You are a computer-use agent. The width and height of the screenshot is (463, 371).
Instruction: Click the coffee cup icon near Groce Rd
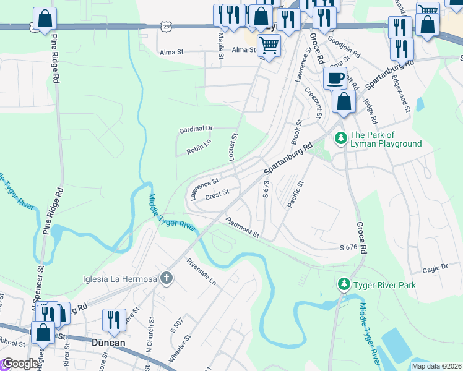tap(335, 79)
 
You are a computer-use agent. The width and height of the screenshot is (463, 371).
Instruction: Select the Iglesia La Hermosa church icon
tap(165, 278)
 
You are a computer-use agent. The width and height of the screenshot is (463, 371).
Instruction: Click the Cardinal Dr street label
tap(196, 129)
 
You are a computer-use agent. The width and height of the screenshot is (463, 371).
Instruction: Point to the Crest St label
tap(217, 194)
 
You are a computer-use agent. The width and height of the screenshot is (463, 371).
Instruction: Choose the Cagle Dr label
tap(435, 268)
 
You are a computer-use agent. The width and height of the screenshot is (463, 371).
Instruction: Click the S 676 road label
tap(348, 247)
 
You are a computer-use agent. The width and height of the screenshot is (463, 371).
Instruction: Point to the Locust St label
tap(234, 147)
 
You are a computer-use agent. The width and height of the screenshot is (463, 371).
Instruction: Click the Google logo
tap(20, 364)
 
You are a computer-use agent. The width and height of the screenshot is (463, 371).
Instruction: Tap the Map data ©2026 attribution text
tap(436, 366)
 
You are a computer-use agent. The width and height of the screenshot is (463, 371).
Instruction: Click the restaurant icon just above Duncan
tap(114, 319)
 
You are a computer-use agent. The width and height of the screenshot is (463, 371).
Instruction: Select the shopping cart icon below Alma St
tap(269, 45)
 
